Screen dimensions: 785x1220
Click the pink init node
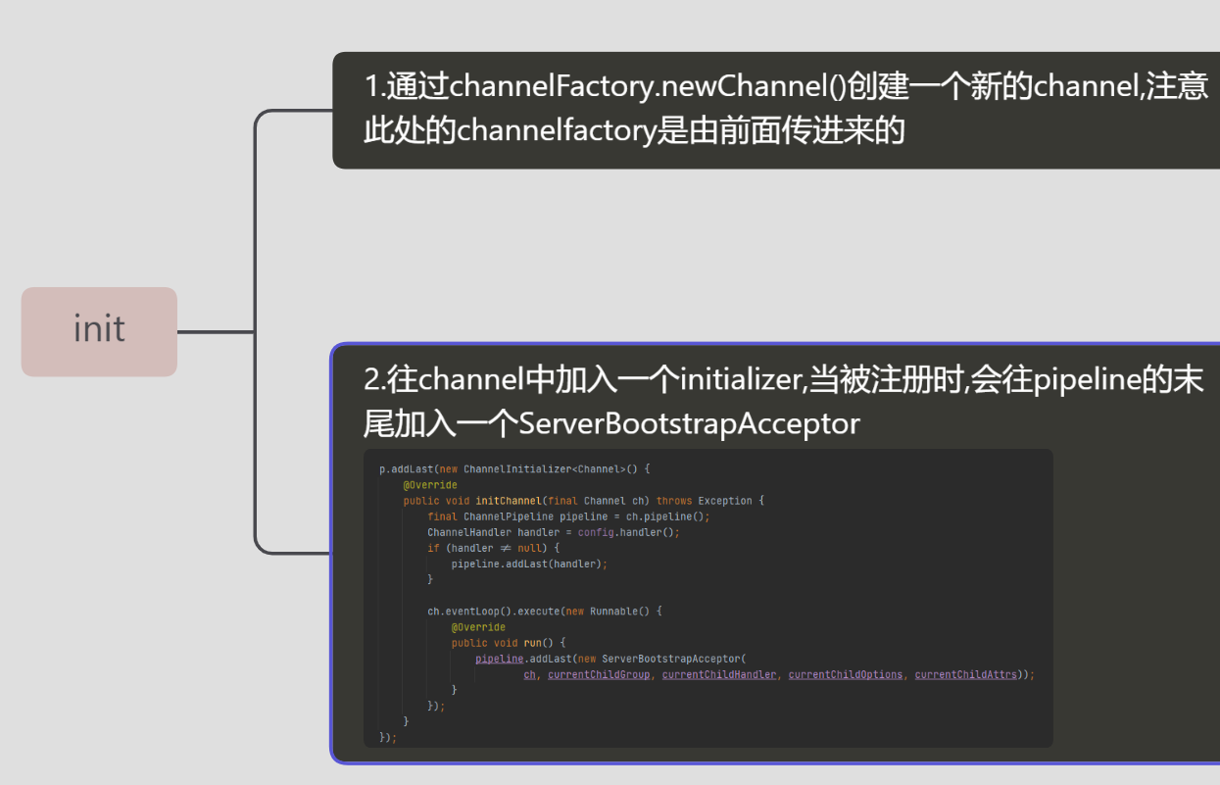[x=99, y=331]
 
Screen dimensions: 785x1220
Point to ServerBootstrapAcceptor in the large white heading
[x=689, y=423]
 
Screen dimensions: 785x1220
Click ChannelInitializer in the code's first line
[x=516, y=469]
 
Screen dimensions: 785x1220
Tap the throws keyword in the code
[x=674, y=501]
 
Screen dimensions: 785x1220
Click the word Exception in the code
[x=725, y=501]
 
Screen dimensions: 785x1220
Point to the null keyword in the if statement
[x=529, y=548]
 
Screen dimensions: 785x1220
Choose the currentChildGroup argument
[x=599, y=674]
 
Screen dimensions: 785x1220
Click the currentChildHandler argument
[x=718, y=674]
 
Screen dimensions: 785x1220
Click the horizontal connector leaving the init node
[x=216, y=331]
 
